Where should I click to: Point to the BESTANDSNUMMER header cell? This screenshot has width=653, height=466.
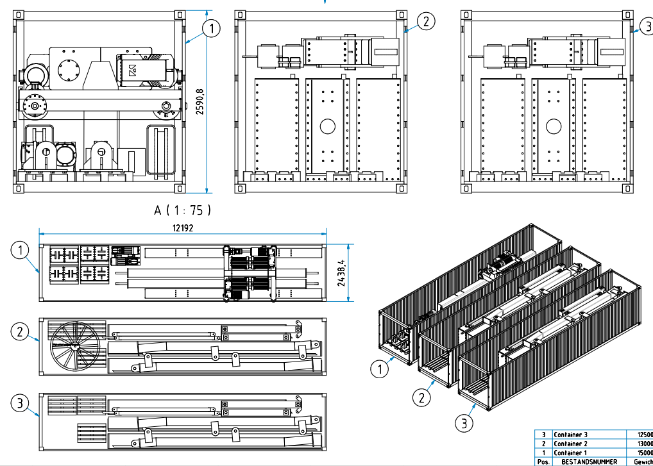coord(589,462)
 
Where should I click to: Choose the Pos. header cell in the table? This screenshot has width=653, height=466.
coord(543,462)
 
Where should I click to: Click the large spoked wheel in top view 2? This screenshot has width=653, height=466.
coord(75,346)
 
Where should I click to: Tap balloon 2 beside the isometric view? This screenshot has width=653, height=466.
coord(421,397)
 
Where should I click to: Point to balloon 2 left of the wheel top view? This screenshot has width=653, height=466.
coord(21,331)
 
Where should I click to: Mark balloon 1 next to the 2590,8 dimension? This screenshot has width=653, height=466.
coord(211,28)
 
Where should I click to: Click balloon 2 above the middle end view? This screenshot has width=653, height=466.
coord(426,21)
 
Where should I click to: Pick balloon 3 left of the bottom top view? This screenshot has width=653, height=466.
coord(21,403)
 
